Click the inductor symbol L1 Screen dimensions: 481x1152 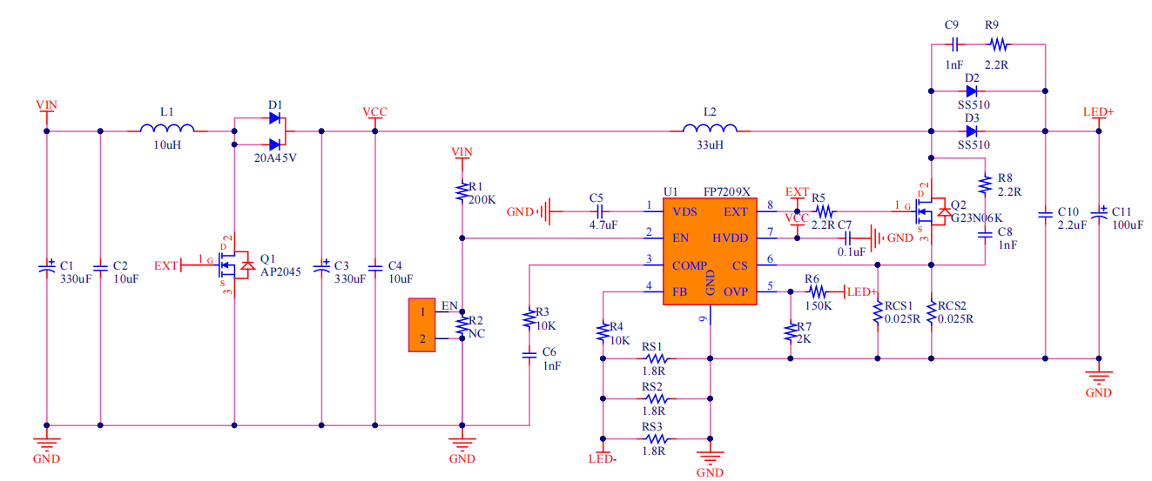coord(167,130)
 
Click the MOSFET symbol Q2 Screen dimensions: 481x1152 coord(929,209)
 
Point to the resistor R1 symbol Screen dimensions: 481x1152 coord(461,191)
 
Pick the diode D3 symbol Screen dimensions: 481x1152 coord(971,131)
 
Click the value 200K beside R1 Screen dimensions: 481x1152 coord(482,199)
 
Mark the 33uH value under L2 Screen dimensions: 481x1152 coord(710,145)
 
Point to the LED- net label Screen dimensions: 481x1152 coord(603,458)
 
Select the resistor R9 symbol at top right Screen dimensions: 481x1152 coord(997,43)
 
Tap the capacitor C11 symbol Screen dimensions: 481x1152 coord(1099,211)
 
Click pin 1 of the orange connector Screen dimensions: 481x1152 coord(422,311)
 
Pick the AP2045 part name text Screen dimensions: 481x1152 coord(280,271)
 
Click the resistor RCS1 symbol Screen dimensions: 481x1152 coord(878,316)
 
